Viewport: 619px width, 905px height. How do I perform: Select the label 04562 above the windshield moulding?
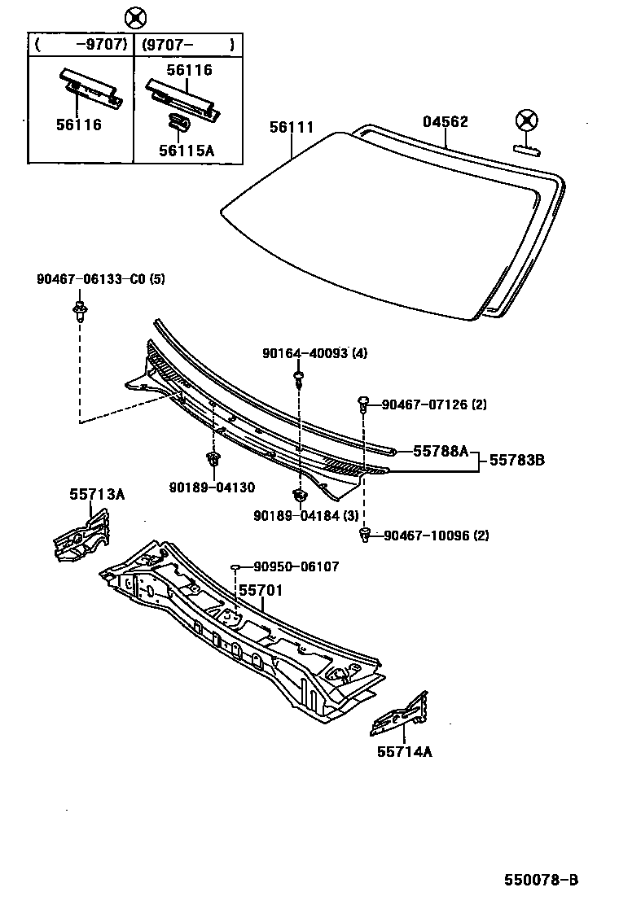445,121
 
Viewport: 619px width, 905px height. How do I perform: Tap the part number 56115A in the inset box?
187,150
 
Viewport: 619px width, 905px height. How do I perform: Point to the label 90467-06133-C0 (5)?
100,279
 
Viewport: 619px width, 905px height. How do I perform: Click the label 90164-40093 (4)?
314,353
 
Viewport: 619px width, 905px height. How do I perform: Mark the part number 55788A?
440,451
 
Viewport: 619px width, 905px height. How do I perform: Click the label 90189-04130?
213,487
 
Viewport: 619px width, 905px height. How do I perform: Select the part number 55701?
260,589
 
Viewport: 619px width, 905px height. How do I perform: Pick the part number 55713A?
97,494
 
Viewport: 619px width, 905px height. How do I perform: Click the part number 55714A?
404,752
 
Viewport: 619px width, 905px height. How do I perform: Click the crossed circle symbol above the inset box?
135,17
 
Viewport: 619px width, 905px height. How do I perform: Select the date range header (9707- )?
188,45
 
